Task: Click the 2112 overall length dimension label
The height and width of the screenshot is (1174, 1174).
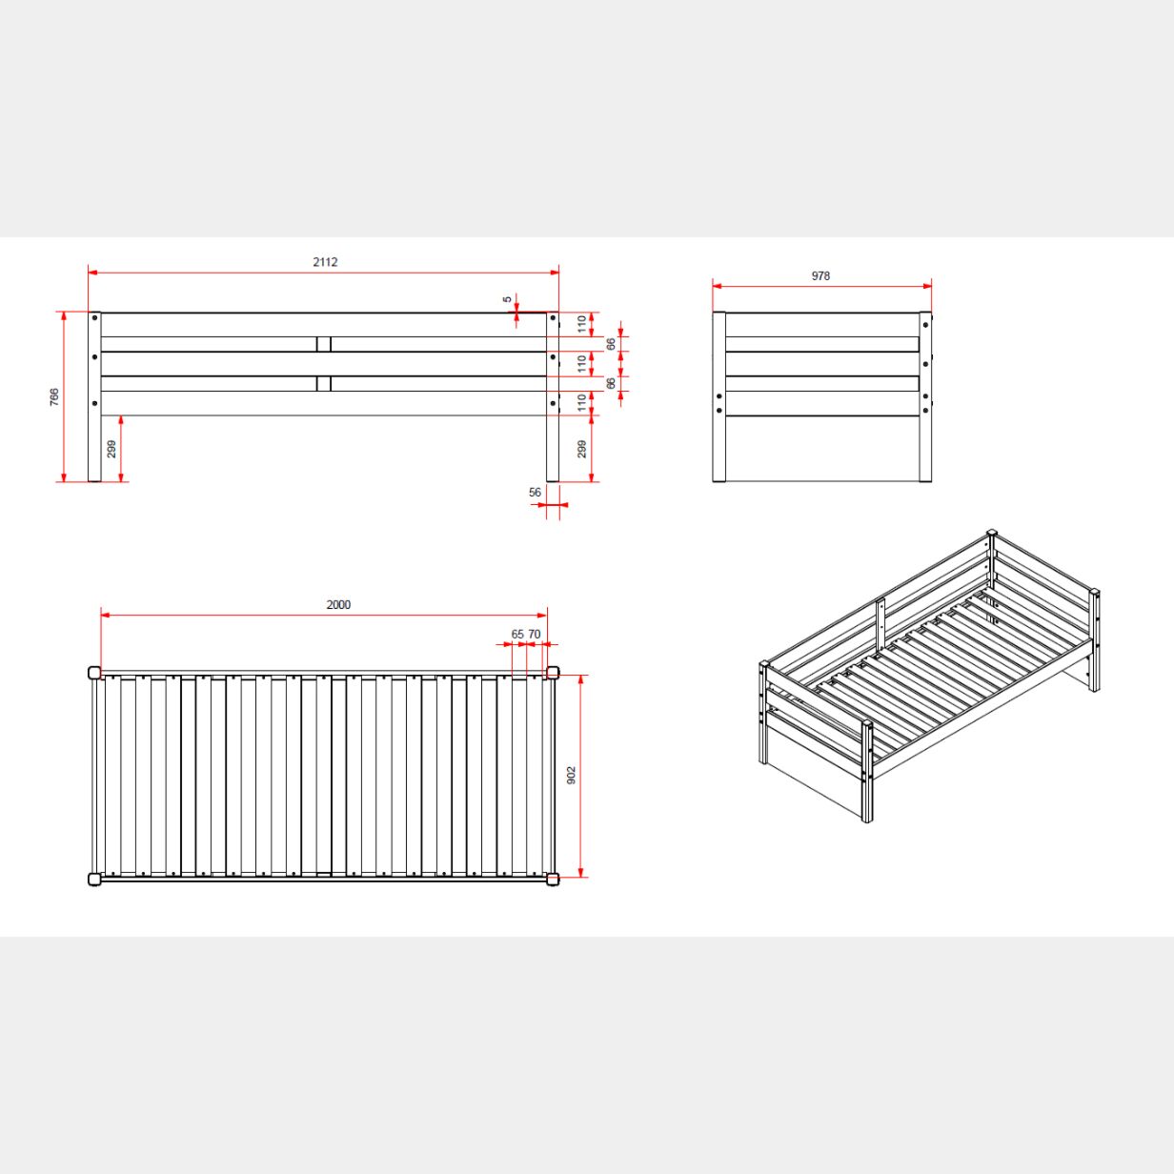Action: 325,262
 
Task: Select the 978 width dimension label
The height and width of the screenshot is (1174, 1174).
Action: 820,276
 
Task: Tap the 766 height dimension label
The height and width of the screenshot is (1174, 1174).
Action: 54,397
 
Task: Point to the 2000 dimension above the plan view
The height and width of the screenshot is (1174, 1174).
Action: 338,604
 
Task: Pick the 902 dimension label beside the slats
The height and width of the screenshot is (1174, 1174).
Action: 572,775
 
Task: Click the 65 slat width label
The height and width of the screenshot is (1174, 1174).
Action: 517,635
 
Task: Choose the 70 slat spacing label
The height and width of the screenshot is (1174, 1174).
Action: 535,635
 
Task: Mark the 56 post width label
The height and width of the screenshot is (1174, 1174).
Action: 535,493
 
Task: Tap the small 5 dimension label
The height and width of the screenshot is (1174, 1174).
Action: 508,299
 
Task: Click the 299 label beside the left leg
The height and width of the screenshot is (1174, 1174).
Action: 111,449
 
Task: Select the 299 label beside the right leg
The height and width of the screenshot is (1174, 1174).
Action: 582,449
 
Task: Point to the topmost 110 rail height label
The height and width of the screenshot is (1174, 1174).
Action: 582,324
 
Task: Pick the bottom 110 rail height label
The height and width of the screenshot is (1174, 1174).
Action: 582,403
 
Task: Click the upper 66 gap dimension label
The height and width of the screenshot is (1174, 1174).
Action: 611,344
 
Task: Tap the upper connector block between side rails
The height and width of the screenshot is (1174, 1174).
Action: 324,344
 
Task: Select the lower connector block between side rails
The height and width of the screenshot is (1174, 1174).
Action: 324,384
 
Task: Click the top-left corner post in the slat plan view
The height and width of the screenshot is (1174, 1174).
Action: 94,673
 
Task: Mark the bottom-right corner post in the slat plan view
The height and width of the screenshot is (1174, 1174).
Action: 553,880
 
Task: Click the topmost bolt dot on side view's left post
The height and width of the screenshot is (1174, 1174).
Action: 94,317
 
